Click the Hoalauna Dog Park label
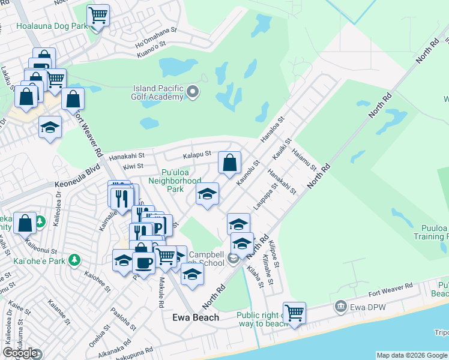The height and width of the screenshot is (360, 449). [x=43, y=26]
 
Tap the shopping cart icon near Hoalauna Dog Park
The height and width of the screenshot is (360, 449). [x=98, y=15]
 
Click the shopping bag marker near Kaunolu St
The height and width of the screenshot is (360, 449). [x=229, y=162]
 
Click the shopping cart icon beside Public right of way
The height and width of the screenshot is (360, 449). [x=294, y=313]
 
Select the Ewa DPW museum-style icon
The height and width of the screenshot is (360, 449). [x=341, y=307]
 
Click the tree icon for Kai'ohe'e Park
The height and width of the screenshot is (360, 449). [x=74, y=260]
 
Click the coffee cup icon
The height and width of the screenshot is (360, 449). [x=143, y=262]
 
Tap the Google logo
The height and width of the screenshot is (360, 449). [x=20, y=353]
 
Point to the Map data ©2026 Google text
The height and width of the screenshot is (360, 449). [x=412, y=355]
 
